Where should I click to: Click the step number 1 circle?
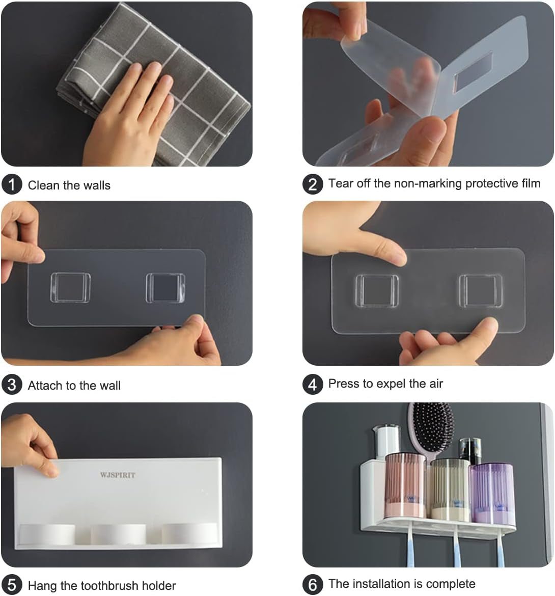[x=12, y=184]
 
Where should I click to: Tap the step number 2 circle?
[x=313, y=184]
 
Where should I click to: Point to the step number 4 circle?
[x=313, y=384]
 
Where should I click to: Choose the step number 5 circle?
[x=12, y=585]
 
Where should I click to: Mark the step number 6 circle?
[x=313, y=585]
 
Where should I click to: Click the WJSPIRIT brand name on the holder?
[x=118, y=475]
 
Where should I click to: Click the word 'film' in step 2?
[x=531, y=183]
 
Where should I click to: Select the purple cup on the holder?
[x=492, y=492]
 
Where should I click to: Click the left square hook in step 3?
[x=71, y=288]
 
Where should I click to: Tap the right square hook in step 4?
[x=481, y=291]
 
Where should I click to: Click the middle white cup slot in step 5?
[x=118, y=534]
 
